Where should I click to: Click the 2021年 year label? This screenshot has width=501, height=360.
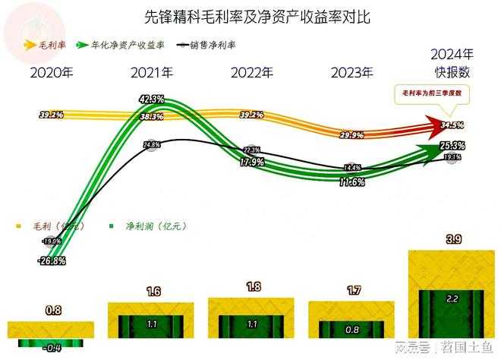pos(152,73)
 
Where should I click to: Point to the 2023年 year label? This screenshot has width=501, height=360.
pos(352,73)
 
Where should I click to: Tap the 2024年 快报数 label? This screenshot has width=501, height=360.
pos(452,63)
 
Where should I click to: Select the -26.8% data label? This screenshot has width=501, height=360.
pos(52,261)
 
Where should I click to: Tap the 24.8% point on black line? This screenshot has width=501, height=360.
pos(151,144)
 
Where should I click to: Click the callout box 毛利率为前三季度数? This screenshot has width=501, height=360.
pos(432,94)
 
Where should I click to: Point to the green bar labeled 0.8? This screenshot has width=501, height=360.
pos(352,330)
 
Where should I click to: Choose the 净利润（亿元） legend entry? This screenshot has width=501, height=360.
pos(150,226)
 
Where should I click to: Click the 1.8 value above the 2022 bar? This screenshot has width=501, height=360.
pos(252,286)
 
